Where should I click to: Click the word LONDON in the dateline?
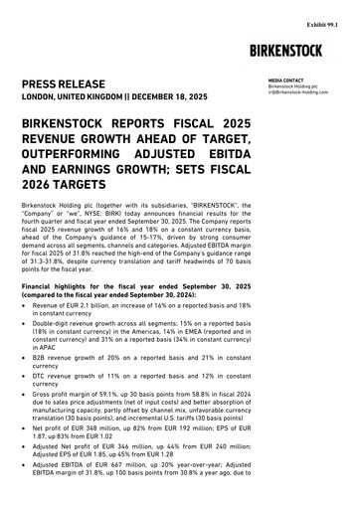[44, 99]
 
